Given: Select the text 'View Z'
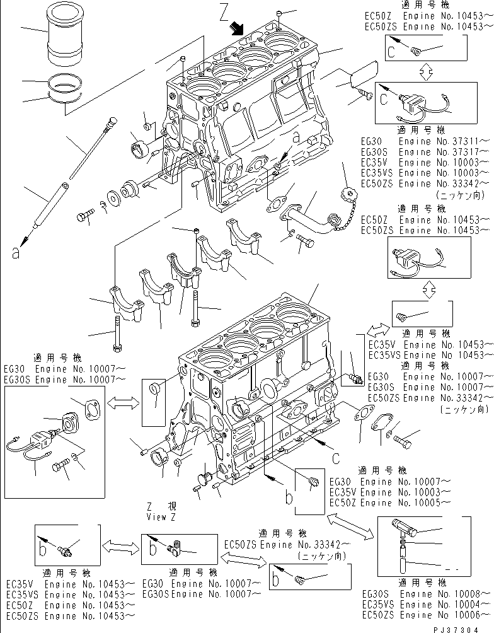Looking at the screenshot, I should pyautogui.click(x=158, y=516).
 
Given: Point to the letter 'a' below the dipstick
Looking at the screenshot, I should pyautogui.click(x=15, y=253).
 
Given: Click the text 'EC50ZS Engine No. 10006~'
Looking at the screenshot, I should pyautogui.click(x=425, y=614).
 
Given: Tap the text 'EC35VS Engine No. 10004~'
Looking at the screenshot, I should pyautogui.click(x=425, y=604).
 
